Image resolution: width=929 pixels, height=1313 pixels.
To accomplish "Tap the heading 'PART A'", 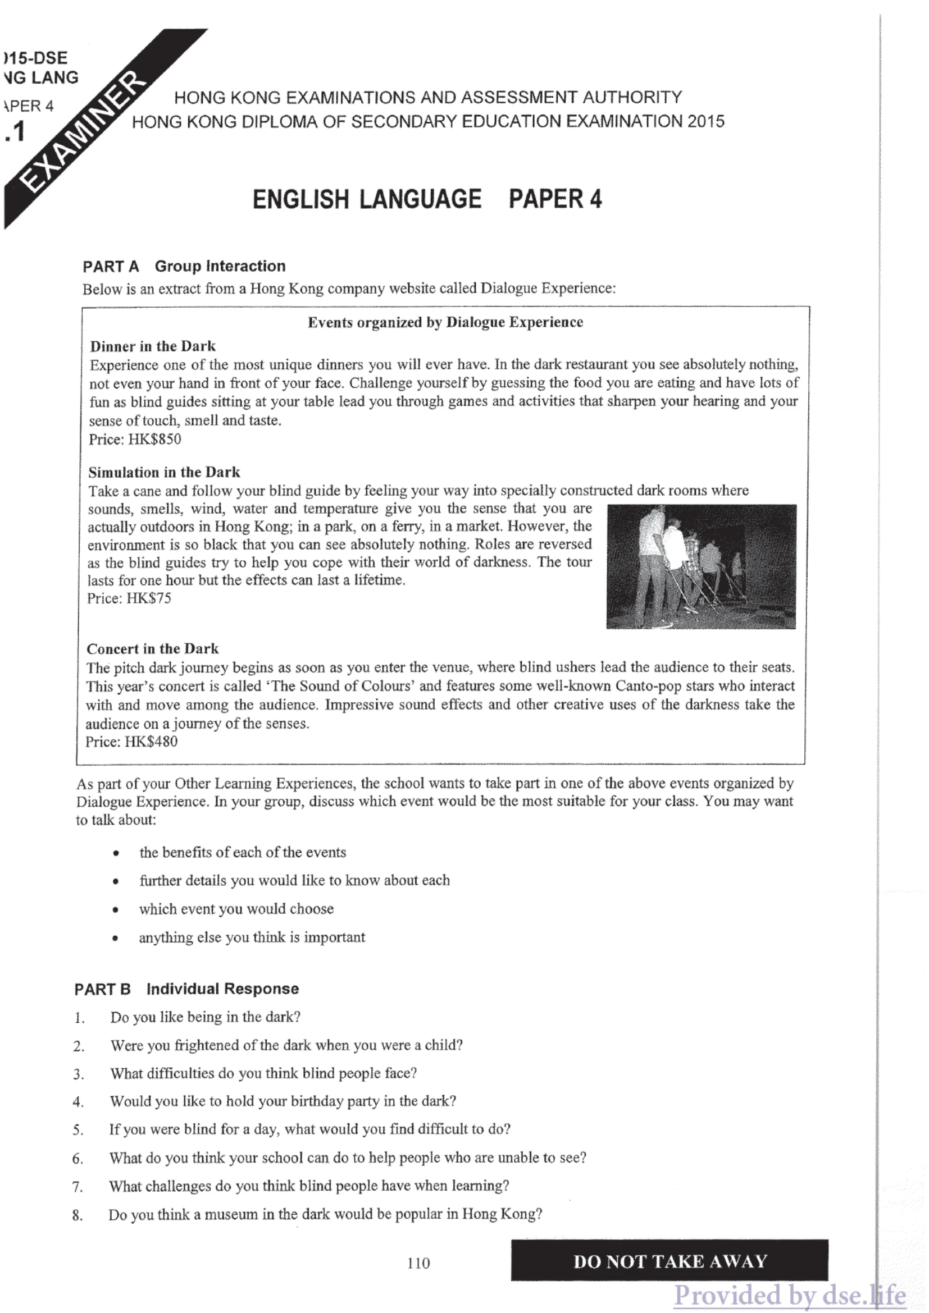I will [111, 267].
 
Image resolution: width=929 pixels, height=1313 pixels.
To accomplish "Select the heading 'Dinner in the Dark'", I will [153, 346].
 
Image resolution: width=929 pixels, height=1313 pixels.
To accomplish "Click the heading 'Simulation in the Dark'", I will [164, 472].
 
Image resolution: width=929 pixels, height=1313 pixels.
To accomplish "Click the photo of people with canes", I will [701, 566].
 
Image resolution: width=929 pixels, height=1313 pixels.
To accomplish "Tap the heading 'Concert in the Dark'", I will [153, 648].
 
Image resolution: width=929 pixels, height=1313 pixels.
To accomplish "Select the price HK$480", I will [151, 742].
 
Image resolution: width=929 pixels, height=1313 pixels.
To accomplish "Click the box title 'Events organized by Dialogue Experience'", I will [445, 322].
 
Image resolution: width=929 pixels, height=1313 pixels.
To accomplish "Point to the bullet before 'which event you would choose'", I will [116, 910].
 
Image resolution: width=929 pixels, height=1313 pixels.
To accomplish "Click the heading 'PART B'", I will [102, 989].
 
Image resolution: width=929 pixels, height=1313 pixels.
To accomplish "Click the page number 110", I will [418, 1262].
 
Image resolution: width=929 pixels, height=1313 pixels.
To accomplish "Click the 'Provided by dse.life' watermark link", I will [789, 1295].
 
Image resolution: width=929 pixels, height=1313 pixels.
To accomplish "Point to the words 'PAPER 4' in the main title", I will [555, 199].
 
